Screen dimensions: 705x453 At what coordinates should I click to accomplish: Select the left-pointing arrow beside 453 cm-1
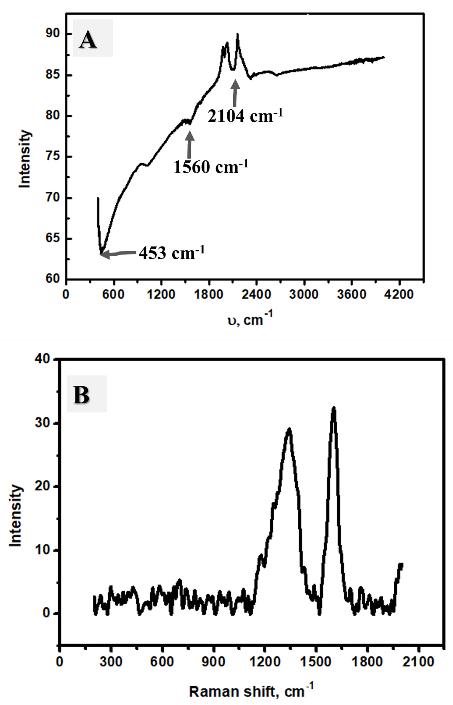tap(118, 254)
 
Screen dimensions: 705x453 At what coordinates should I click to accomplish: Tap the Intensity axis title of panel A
tap(25, 159)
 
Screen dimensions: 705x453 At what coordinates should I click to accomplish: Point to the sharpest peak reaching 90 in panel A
tap(237, 34)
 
